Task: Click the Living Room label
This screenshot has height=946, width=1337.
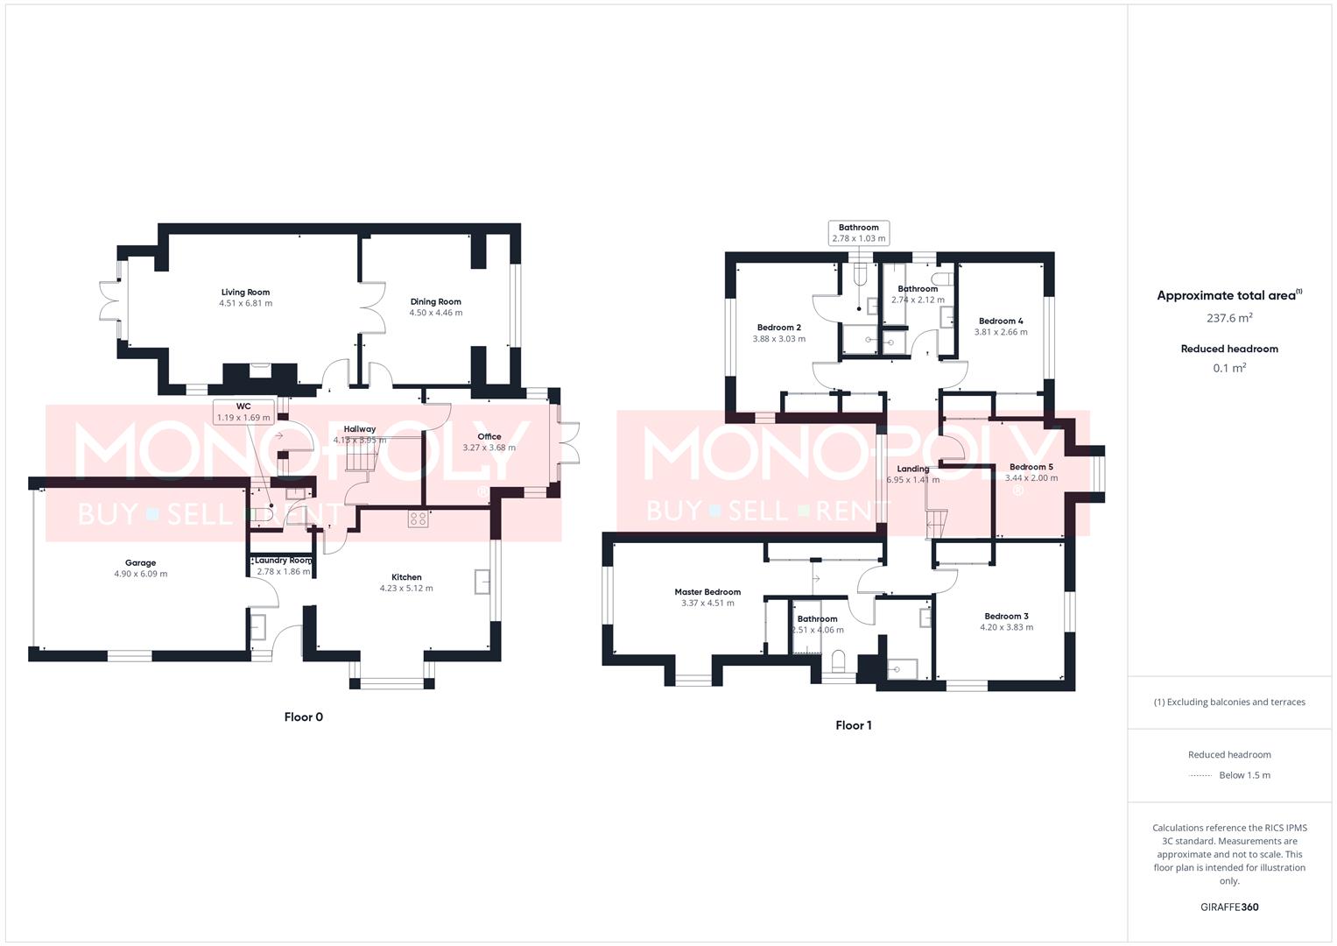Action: pyautogui.click(x=245, y=293)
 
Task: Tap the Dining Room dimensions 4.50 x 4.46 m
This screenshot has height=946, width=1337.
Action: pyautogui.click(x=435, y=313)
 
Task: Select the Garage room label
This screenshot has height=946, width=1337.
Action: pyautogui.click(x=140, y=563)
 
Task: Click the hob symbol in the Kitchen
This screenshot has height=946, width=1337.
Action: pyautogui.click(x=418, y=519)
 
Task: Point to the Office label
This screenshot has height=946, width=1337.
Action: pyautogui.click(x=489, y=436)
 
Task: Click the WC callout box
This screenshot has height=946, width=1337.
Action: pyautogui.click(x=243, y=412)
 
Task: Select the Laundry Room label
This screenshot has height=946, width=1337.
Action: pyautogui.click(x=283, y=561)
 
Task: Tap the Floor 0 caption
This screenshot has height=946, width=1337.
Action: pyautogui.click(x=304, y=717)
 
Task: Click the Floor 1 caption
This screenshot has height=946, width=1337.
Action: pyautogui.click(x=854, y=725)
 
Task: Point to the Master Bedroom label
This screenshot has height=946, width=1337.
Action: pyautogui.click(x=707, y=592)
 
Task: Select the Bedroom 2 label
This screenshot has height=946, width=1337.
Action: pyautogui.click(x=778, y=328)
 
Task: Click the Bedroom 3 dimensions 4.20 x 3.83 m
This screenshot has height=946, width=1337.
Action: pyautogui.click(x=1006, y=627)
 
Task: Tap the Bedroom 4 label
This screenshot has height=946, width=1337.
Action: pyautogui.click(x=1001, y=321)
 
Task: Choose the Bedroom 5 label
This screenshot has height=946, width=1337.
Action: pyautogui.click(x=1031, y=467)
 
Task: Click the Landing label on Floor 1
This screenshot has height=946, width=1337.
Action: pyautogui.click(x=912, y=469)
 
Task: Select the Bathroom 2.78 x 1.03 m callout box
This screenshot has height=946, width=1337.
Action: pyautogui.click(x=858, y=233)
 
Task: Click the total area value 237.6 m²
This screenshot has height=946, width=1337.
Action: pyautogui.click(x=1229, y=318)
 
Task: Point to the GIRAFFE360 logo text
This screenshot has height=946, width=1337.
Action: pyautogui.click(x=1229, y=907)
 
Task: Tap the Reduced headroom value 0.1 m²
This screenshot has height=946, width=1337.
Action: pyautogui.click(x=1229, y=368)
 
